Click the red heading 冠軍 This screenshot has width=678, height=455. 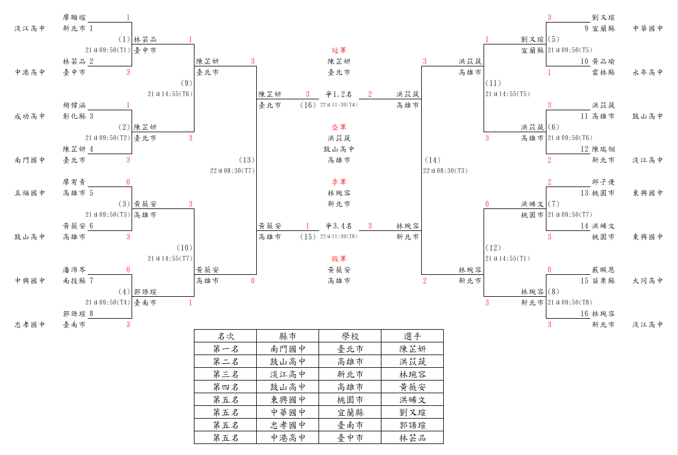339,51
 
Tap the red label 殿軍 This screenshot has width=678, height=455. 339,259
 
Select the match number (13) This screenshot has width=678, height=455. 246,160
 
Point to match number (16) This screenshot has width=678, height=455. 308,105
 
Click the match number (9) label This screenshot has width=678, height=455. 186,83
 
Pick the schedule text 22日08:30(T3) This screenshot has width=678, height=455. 445,171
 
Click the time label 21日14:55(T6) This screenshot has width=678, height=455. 170,94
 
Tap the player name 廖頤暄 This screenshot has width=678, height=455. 74,17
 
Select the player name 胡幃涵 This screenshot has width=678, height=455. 74,105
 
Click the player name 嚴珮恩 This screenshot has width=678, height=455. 603,270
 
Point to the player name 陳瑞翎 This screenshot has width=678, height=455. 603,149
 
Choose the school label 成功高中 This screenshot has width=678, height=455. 29,116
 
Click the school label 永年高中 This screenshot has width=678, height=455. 647,72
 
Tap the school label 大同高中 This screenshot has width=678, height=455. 647,281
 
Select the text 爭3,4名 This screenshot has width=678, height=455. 339,226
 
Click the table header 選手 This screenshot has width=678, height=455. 412,336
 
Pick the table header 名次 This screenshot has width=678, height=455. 225,336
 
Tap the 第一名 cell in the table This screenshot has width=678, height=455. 225,349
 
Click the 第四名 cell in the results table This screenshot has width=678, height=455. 225,387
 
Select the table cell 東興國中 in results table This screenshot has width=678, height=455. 287,400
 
